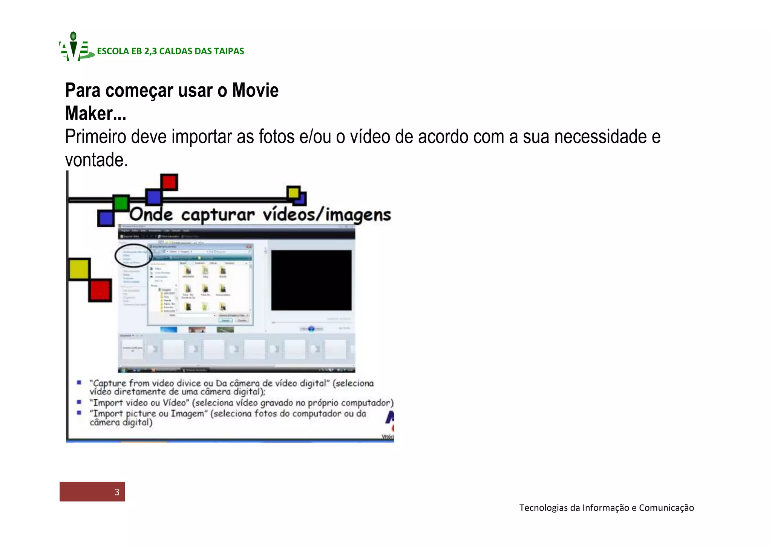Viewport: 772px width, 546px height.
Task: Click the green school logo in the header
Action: [75, 48]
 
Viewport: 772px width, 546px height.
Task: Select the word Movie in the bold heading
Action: [255, 91]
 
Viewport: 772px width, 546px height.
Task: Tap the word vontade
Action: [96, 160]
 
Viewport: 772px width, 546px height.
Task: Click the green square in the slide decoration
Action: [121, 203]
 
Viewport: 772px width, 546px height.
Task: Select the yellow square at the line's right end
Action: [293, 193]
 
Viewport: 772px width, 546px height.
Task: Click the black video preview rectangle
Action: [311, 280]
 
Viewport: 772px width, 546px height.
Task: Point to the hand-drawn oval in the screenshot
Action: [133, 256]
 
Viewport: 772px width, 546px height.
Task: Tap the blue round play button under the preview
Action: [311, 329]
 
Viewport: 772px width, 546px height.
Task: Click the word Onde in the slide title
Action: [151, 215]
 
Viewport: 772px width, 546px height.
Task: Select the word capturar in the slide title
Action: [218, 215]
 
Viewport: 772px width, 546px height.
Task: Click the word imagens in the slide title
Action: [358, 215]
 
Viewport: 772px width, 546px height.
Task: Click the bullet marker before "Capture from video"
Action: [79, 383]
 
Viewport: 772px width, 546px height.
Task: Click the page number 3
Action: [117, 492]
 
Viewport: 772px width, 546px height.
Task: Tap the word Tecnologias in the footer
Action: [544, 508]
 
